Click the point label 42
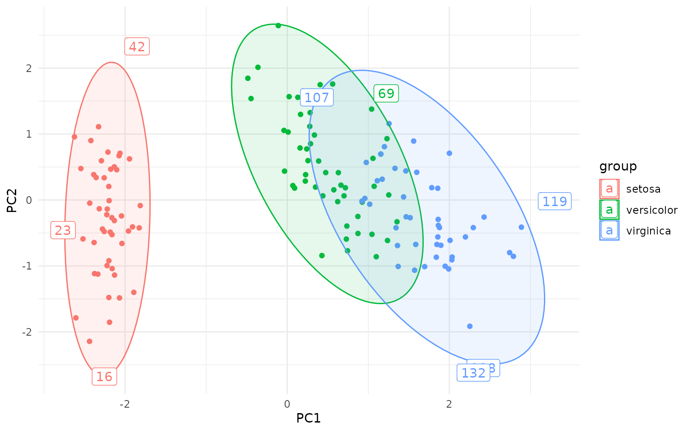pyautogui.click(x=137, y=47)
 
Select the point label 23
pyautogui.click(x=63, y=230)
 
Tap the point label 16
pyautogui.click(x=104, y=376)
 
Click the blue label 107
pyautogui.click(x=317, y=98)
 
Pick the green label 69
pyautogui.click(x=386, y=94)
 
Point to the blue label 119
pyautogui.click(x=555, y=201)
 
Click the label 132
pyautogui.click(x=473, y=373)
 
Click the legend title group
pyautogui.click(x=618, y=166)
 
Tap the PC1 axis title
pyautogui.click(x=309, y=418)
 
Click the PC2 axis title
pyautogui.click(x=12, y=200)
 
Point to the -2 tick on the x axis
pyautogui.click(x=125, y=404)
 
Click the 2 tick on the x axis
pyautogui.click(x=449, y=404)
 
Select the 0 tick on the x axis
pyautogui.click(x=287, y=404)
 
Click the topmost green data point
pyautogui.click(x=278, y=26)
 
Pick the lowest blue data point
pyautogui.click(x=470, y=326)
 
